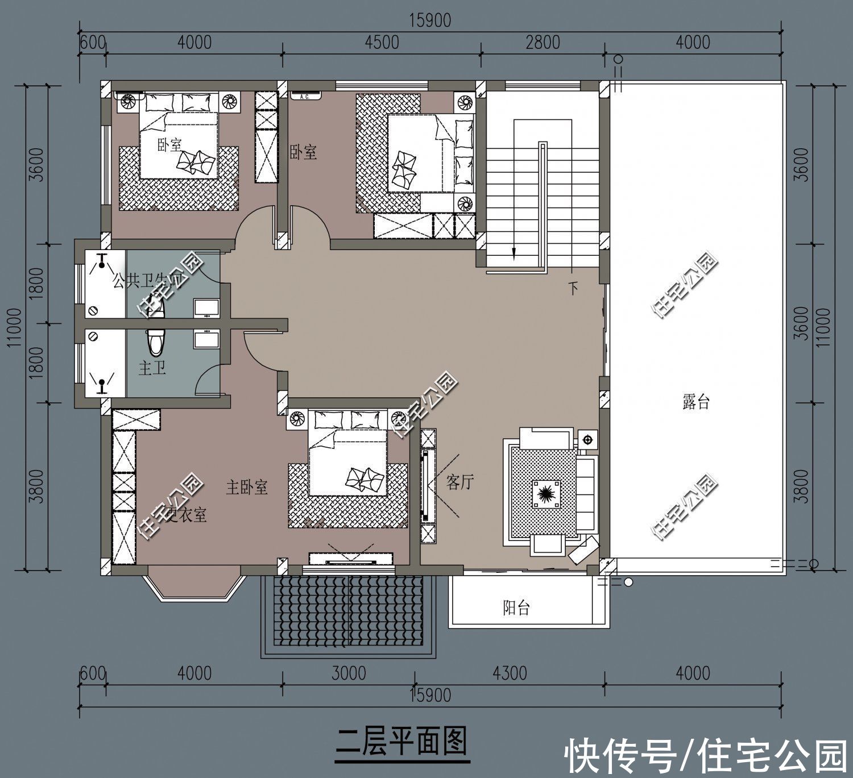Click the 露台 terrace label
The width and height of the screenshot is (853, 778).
pyautogui.click(x=695, y=403)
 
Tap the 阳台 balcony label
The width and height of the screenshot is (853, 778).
pyautogui.click(x=516, y=608)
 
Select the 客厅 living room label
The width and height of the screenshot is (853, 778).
pyautogui.click(x=460, y=483)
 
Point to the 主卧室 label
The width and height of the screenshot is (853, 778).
pyautogui.click(x=246, y=487)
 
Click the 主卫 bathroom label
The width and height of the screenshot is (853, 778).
pyautogui.click(x=152, y=368)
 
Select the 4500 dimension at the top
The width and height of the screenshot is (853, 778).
pyautogui.click(x=382, y=43)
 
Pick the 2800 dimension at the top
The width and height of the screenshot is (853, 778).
pyautogui.click(x=543, y=43)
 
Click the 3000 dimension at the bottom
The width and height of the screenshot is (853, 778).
pyautogui.click(x=349, y=673)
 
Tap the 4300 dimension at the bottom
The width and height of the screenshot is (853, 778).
pyautogui.click(x=510, y=673)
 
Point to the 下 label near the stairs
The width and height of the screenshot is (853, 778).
pyautogui.click(x=573, y=289)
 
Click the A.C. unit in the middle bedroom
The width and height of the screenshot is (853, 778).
pyautogui.click(x=305, y=96)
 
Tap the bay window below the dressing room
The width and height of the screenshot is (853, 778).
pyautogui.click(x=193, y=583)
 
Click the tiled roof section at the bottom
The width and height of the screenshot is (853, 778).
pyautogui.click(x=349, y=611)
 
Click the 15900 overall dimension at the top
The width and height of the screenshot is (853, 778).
pyautogui.click(x=429, y=20)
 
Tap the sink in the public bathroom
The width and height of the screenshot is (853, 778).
pyautogui.click(x=206, y=307)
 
